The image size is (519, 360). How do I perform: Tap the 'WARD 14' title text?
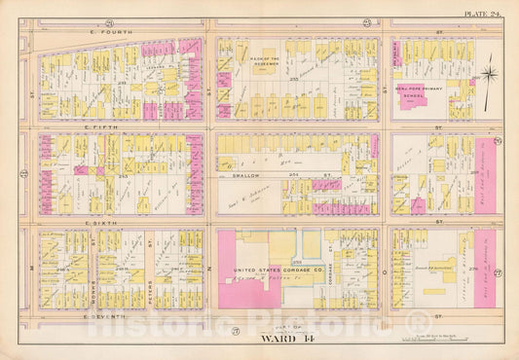261,340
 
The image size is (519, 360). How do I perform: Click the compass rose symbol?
490,74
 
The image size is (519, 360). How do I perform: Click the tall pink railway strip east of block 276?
485,268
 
